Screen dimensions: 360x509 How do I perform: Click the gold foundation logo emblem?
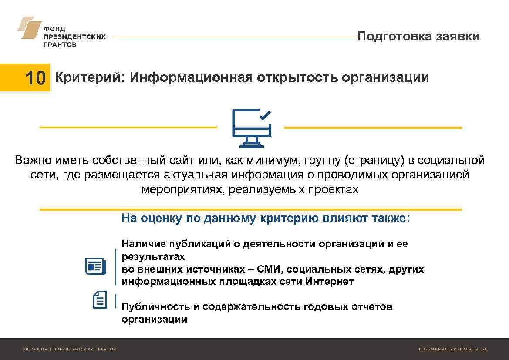coord(29,28)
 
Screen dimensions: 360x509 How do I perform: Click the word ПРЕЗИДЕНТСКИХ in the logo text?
coord(74,37)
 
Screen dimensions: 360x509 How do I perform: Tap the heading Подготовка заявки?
coord(418,36)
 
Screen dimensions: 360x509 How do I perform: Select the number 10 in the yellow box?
coord(35,78)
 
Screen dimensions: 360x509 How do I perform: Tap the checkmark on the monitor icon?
coord(265,115)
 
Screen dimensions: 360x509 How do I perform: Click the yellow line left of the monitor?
coord(128,128)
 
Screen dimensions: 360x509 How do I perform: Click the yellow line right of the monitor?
coord(373,128)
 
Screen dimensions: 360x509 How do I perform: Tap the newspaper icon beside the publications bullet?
coord(95,266)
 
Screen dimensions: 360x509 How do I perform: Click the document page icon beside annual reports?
coord(100,300)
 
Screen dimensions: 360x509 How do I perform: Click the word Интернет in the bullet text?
coord(330,281)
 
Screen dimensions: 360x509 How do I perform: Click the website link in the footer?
coord(452,349)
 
